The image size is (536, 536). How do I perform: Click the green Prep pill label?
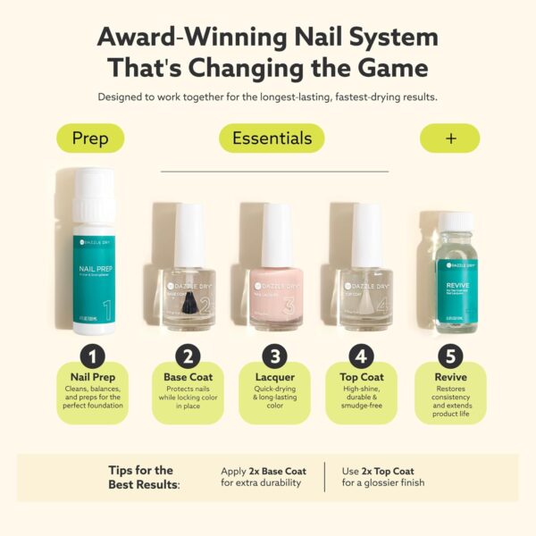click(89, 138)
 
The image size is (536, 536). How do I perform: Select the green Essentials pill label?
click(272, 138)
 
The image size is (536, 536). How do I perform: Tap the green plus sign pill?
click(449, 138)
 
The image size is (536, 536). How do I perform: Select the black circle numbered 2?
click(187, 357)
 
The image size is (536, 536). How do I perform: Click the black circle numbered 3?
click(274, 357)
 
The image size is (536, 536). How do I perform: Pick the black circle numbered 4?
click(362, 357)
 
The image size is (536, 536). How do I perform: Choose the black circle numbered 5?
click(451, 357)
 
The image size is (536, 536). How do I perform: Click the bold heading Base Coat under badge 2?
click(187, 377)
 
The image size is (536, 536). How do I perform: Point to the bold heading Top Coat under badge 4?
click(362, 377)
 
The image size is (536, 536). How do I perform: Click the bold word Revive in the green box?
click(451, 377)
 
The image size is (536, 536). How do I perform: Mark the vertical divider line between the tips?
click(324, 477)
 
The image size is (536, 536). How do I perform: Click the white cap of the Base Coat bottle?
click(188, 234)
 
